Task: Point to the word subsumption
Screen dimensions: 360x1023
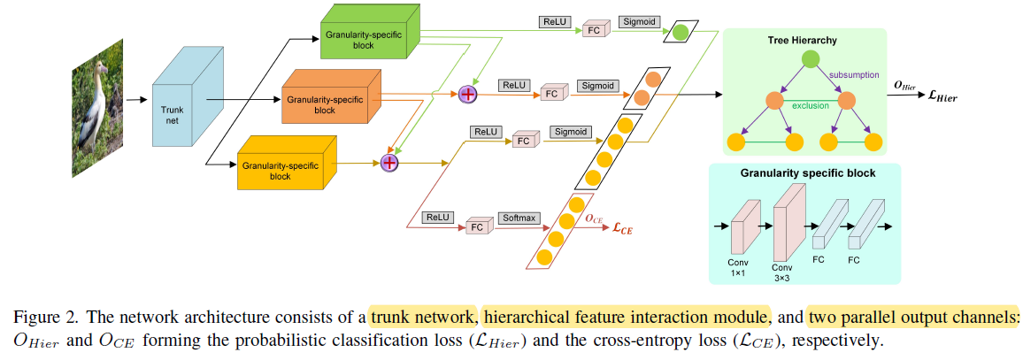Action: (x=853, y=75)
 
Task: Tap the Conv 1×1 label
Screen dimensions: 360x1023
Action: (x=738, y=268)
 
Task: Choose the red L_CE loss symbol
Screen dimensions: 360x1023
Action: (x=622, y=227)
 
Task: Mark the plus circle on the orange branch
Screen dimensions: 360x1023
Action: (x=467, y=94)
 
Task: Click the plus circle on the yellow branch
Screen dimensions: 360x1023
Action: (x=388, y=162)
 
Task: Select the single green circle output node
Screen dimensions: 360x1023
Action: (x=680, y=34)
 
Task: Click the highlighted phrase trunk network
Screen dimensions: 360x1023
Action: (x=424, y=317)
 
